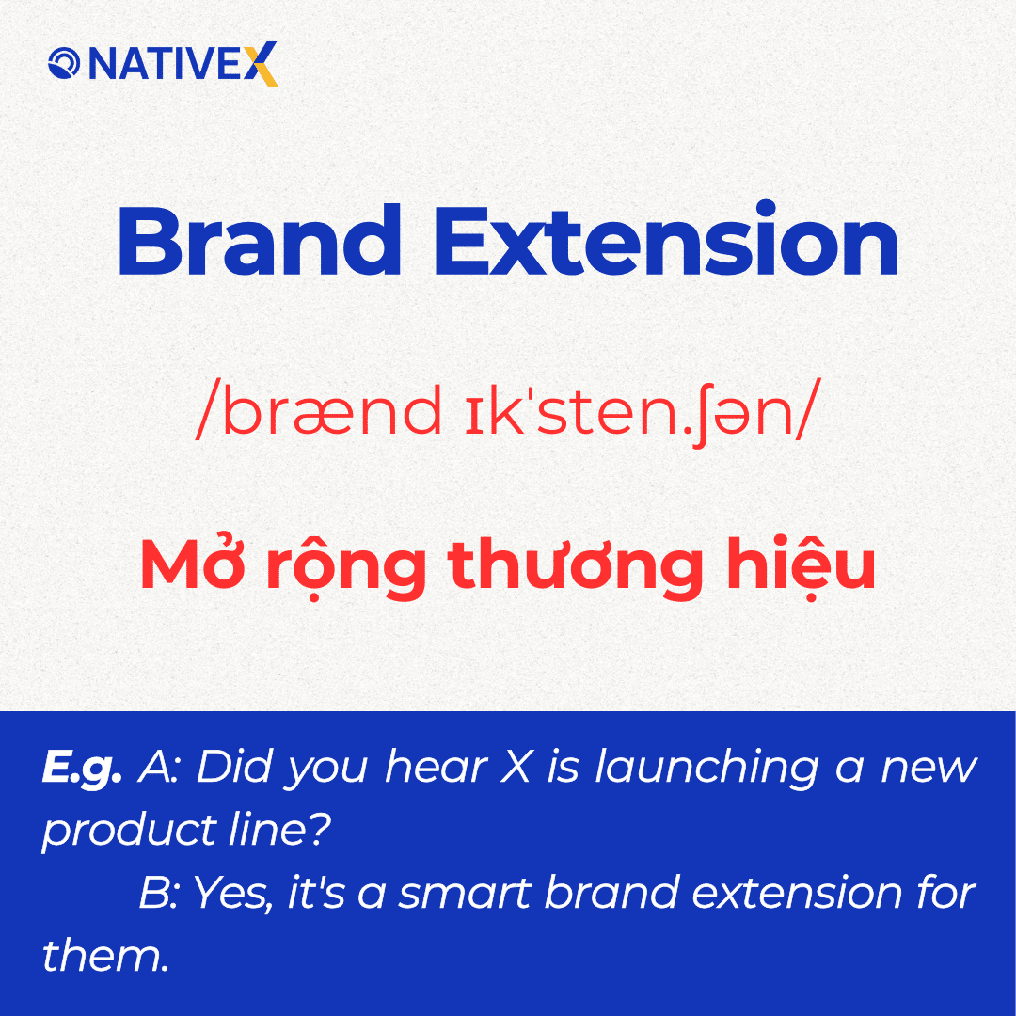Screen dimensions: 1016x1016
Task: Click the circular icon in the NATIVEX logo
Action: tap(63, 66)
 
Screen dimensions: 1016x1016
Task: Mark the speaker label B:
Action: tap(160, 893)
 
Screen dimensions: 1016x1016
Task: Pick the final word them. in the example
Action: tap(104, 955)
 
